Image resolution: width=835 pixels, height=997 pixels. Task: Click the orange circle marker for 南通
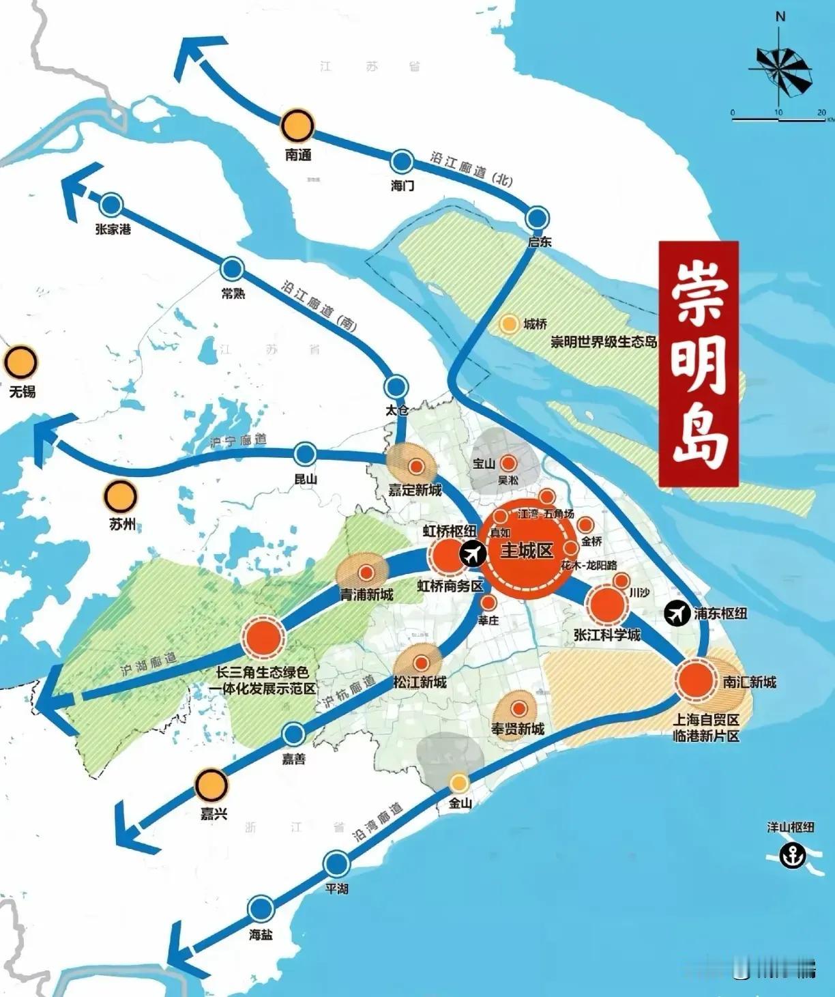297,126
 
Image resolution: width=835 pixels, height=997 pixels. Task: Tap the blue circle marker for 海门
402,162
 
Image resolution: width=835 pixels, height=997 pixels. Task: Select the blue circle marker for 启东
538,218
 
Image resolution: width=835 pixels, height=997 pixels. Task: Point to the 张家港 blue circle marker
111,204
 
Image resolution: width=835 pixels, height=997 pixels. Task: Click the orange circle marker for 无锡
20,362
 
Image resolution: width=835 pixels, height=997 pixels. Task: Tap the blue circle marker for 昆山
305,454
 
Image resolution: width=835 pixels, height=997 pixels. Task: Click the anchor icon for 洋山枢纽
792,854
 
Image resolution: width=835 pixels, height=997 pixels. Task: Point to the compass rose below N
781,68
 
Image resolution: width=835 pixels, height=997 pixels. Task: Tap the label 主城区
526,550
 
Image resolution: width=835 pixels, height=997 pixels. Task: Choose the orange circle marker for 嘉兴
211,785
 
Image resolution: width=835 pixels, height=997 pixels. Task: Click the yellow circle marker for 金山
459,782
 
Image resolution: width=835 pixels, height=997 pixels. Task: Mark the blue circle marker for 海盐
260,909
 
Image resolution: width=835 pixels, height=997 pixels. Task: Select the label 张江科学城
607,635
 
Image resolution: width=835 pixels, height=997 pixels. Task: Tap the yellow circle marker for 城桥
509,324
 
